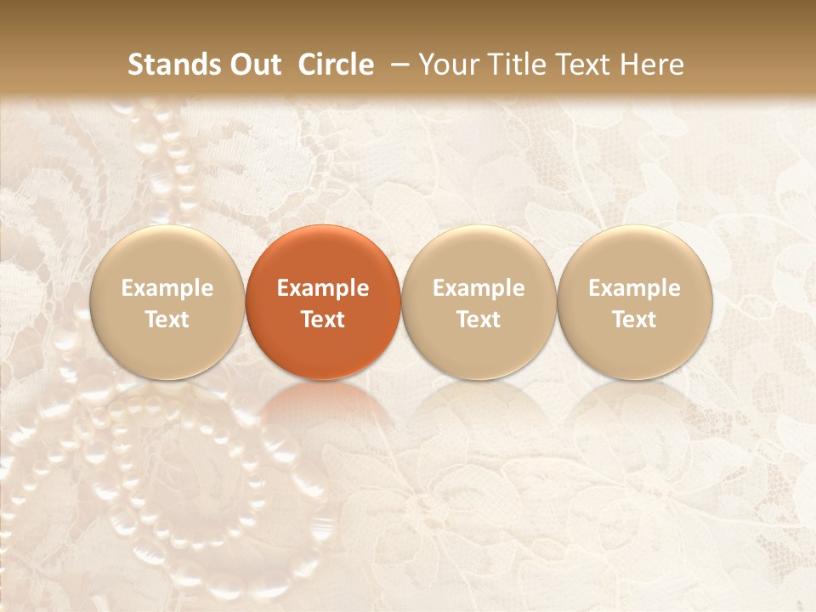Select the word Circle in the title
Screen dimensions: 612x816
tap(336, 65)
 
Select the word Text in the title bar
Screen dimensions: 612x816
tap(583, 65)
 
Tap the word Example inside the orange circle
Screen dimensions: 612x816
tap(323, 288)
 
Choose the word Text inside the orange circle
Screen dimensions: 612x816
tap(323, 320)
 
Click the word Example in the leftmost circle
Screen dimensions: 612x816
tap(167, 288)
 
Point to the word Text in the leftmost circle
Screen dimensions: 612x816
tap(167, 320)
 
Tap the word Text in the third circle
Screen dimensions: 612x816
tap(479, 320)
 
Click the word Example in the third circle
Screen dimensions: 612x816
tap(479, 288)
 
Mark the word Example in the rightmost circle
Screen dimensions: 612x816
tap(634, 288)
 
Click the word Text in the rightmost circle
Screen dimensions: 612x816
tap(634, 320)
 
